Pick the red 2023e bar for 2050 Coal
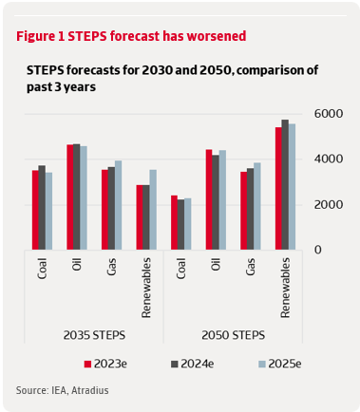pyautogui.click(x=174, y=223)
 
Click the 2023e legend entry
pyautogui.click(x=104, y=364)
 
